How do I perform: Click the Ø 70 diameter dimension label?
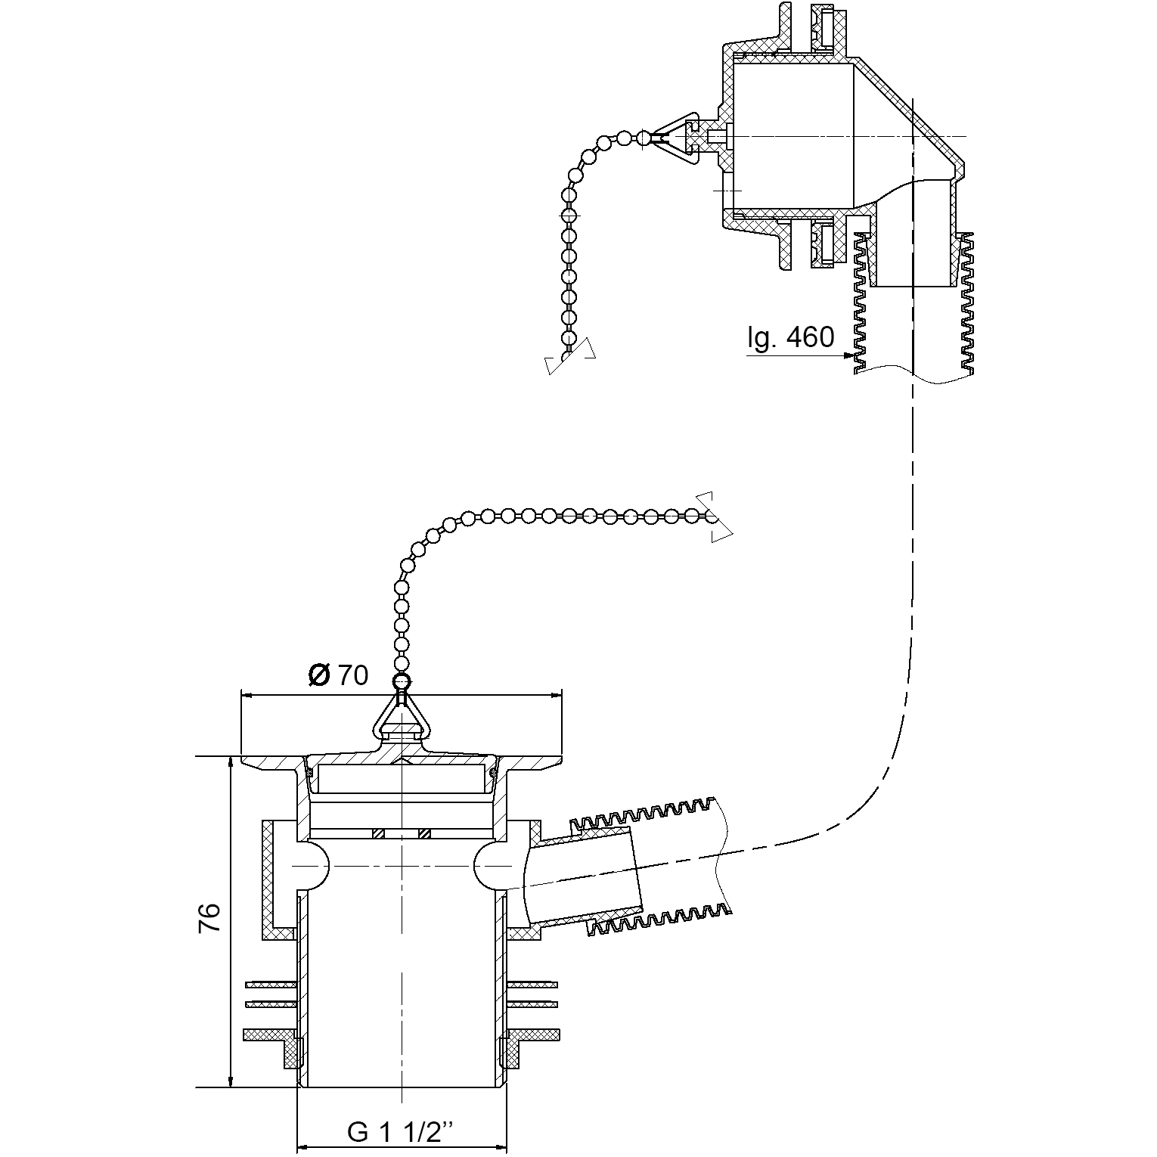click(x=339, y=675)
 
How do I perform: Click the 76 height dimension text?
click(x=209, y=918)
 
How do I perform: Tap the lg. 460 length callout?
click(x=791, y=337)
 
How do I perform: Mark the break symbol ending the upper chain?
click(x=571, y=361)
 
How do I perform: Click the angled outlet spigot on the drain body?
click(x=586, y=877)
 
